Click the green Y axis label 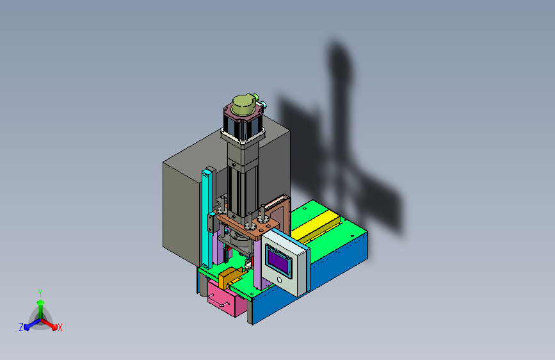click(x=40, y=292)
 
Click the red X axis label click(x=60, y=327)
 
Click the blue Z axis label click(x=21, y=327)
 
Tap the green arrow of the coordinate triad click(x=40, y=305)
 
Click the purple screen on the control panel click(x=279, y=261)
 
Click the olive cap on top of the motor click(x=243, y=105)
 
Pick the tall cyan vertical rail click(x=207, y=218)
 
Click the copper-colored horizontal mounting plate click(x=246, y=225)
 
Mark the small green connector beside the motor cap click(x=264, y=103)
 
